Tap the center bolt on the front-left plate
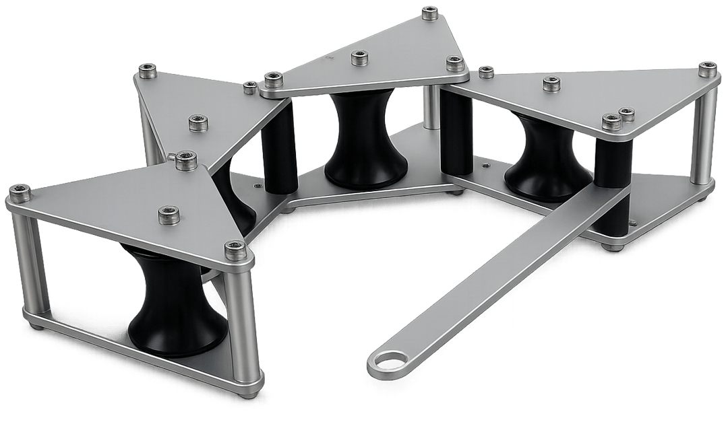pos(169,215)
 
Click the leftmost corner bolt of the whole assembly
pos(20,194)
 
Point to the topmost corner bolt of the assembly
pos(429,12)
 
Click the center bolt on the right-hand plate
pos(552,83)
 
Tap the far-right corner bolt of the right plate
pos(707,68)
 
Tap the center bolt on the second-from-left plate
pos(198,122)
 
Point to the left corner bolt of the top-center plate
pos(273,80)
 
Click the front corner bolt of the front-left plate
pos(235,248)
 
